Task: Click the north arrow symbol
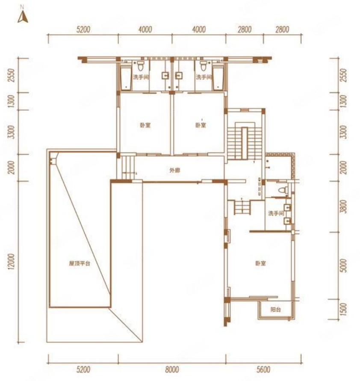pos(23,17)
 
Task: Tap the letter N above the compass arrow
pos(22,7)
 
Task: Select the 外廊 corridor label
pos(174,170)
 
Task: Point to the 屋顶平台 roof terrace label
pos(80,264)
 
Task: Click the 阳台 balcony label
pos(276,310)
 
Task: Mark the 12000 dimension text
pos(12,261)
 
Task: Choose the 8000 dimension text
pos(172,369)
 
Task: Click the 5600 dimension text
pos(263,369)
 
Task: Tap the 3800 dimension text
pos(343,206)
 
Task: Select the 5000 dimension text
pos(343,266)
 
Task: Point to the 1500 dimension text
pos(343,309)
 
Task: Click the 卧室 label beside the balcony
pos(260,264)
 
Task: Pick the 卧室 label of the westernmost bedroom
pos(145,126)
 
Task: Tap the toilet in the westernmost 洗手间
pos(140,65)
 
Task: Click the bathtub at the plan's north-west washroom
pos(126,78)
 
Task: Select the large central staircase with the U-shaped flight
pos(245,141)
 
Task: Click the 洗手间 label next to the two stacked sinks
pos(276,213)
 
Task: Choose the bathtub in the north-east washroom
pos(218,78)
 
